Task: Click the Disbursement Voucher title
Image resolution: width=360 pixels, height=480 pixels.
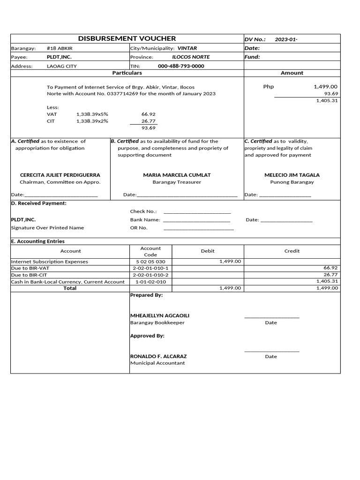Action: coord(127,38)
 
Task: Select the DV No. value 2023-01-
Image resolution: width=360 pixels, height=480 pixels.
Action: coord(286,39)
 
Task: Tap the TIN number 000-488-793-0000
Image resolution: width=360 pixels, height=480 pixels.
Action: coord(181,66)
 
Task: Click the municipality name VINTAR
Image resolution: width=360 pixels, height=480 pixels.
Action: coord(187,48)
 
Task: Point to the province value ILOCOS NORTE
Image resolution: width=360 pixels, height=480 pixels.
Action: coord(191,57)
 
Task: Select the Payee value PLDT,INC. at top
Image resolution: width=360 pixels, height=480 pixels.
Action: coord(59,57)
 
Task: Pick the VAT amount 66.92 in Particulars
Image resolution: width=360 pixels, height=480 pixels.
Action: coord(148,114)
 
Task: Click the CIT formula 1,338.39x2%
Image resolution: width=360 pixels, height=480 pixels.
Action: coord(92,121)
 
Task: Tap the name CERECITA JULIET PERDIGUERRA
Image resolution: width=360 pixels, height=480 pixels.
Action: coord(60,175)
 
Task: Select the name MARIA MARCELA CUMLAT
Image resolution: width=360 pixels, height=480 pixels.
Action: coord(177,175)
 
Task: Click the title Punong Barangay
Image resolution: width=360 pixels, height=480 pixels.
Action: coord(292,182)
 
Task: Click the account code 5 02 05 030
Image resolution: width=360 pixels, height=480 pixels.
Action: coord(150,262)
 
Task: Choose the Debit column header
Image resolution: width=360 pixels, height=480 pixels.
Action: coord(208,251)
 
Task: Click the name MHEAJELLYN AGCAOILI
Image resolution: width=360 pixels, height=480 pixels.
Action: coord(159,315)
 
